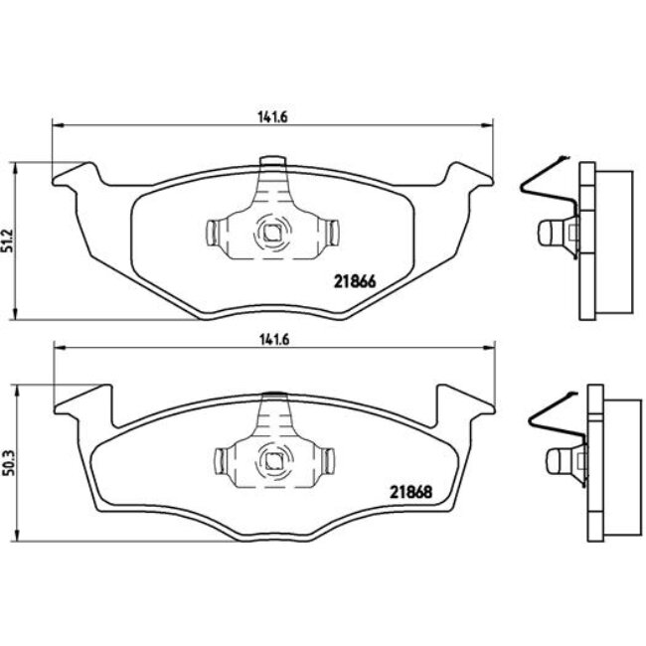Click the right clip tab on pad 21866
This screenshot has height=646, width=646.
(332, 235)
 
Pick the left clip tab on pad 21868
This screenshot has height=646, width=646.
(223, 460)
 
